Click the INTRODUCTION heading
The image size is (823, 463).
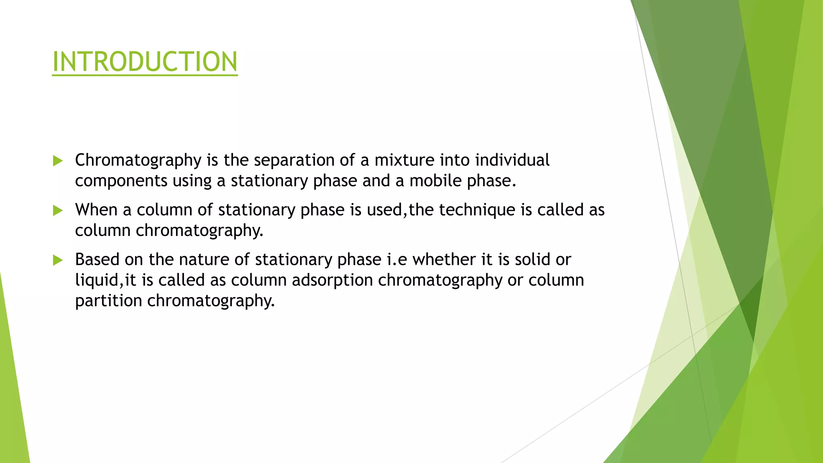click(x=145, y=62)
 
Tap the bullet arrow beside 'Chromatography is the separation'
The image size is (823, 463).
click(x=58, y=161)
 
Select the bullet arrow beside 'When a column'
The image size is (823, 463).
click(x=58, y=210)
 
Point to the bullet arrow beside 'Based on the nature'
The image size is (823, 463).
click(x=58, y=260)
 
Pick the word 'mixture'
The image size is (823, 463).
click(x=404, y=160)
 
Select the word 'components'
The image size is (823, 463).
click(x=121, y=181)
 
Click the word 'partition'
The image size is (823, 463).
click(x=109, y=301)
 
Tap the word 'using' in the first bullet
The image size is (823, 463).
click(x=192, y=181)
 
